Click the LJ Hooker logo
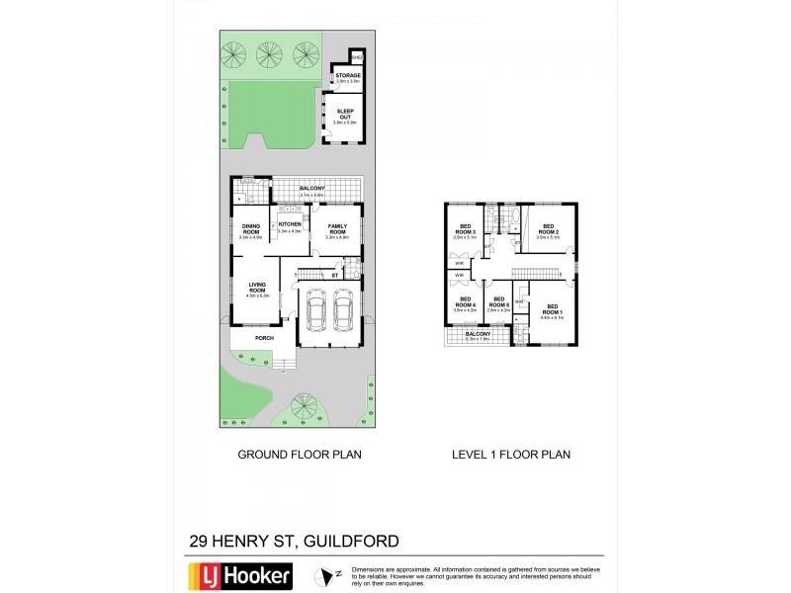(x=239, y=575)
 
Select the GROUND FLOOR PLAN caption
(x=300, y=455)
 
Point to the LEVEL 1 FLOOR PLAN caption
(x=510, y=455)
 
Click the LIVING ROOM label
(x=256, y=289)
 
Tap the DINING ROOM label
(x=248, y=229)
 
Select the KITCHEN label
(x=289, y=224)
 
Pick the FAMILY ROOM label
(x=338, y=229)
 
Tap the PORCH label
(x=264, y=338)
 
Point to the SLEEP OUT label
(x=345, y=115)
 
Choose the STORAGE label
(x=347, y=75)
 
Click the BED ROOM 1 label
(x=553, y=308)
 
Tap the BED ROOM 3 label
(x=465, y=230)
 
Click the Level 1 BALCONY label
(x=478, y=334)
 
